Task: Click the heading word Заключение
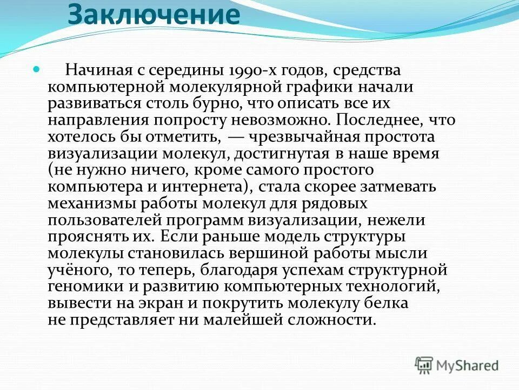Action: tap(154, 16)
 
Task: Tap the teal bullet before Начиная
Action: tap(37, 70)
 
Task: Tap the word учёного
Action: tap(76, 270)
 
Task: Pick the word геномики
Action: tap(83, 287)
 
